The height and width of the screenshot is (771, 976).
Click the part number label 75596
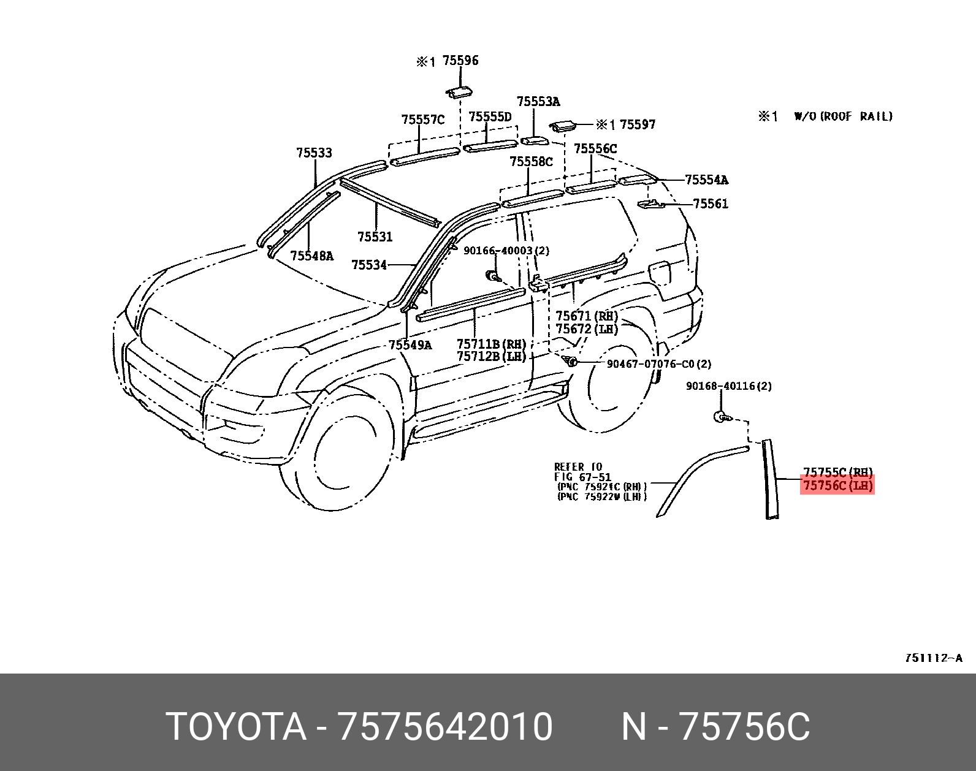[x=460, y=61]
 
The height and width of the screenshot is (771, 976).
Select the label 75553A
[x=538, y=102]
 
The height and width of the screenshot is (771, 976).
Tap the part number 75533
[x=314, y=153]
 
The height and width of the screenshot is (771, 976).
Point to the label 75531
[x=375, y=237]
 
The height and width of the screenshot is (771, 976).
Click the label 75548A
[x=311, y=256]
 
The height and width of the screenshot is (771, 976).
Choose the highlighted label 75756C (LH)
[x=837, y=485]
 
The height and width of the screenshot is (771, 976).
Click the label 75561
[x=711, y=203]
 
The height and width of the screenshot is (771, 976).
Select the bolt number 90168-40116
[x=728, y=386]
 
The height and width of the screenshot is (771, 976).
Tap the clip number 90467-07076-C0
[x=658, y=364]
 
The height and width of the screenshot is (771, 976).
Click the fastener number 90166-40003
[x=506, y=251]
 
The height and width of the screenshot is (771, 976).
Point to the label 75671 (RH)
[x=586, y=316]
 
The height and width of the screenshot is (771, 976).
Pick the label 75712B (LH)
[x=491, y=357]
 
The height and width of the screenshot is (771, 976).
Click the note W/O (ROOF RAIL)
[x=843, y=116]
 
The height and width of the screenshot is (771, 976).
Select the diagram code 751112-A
[x=933, y=658]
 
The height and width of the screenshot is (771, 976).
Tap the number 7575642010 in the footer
[x=446, y=727]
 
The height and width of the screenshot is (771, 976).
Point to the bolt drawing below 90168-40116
[x=721, y=417]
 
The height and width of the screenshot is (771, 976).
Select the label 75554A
[x=706, y=180]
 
